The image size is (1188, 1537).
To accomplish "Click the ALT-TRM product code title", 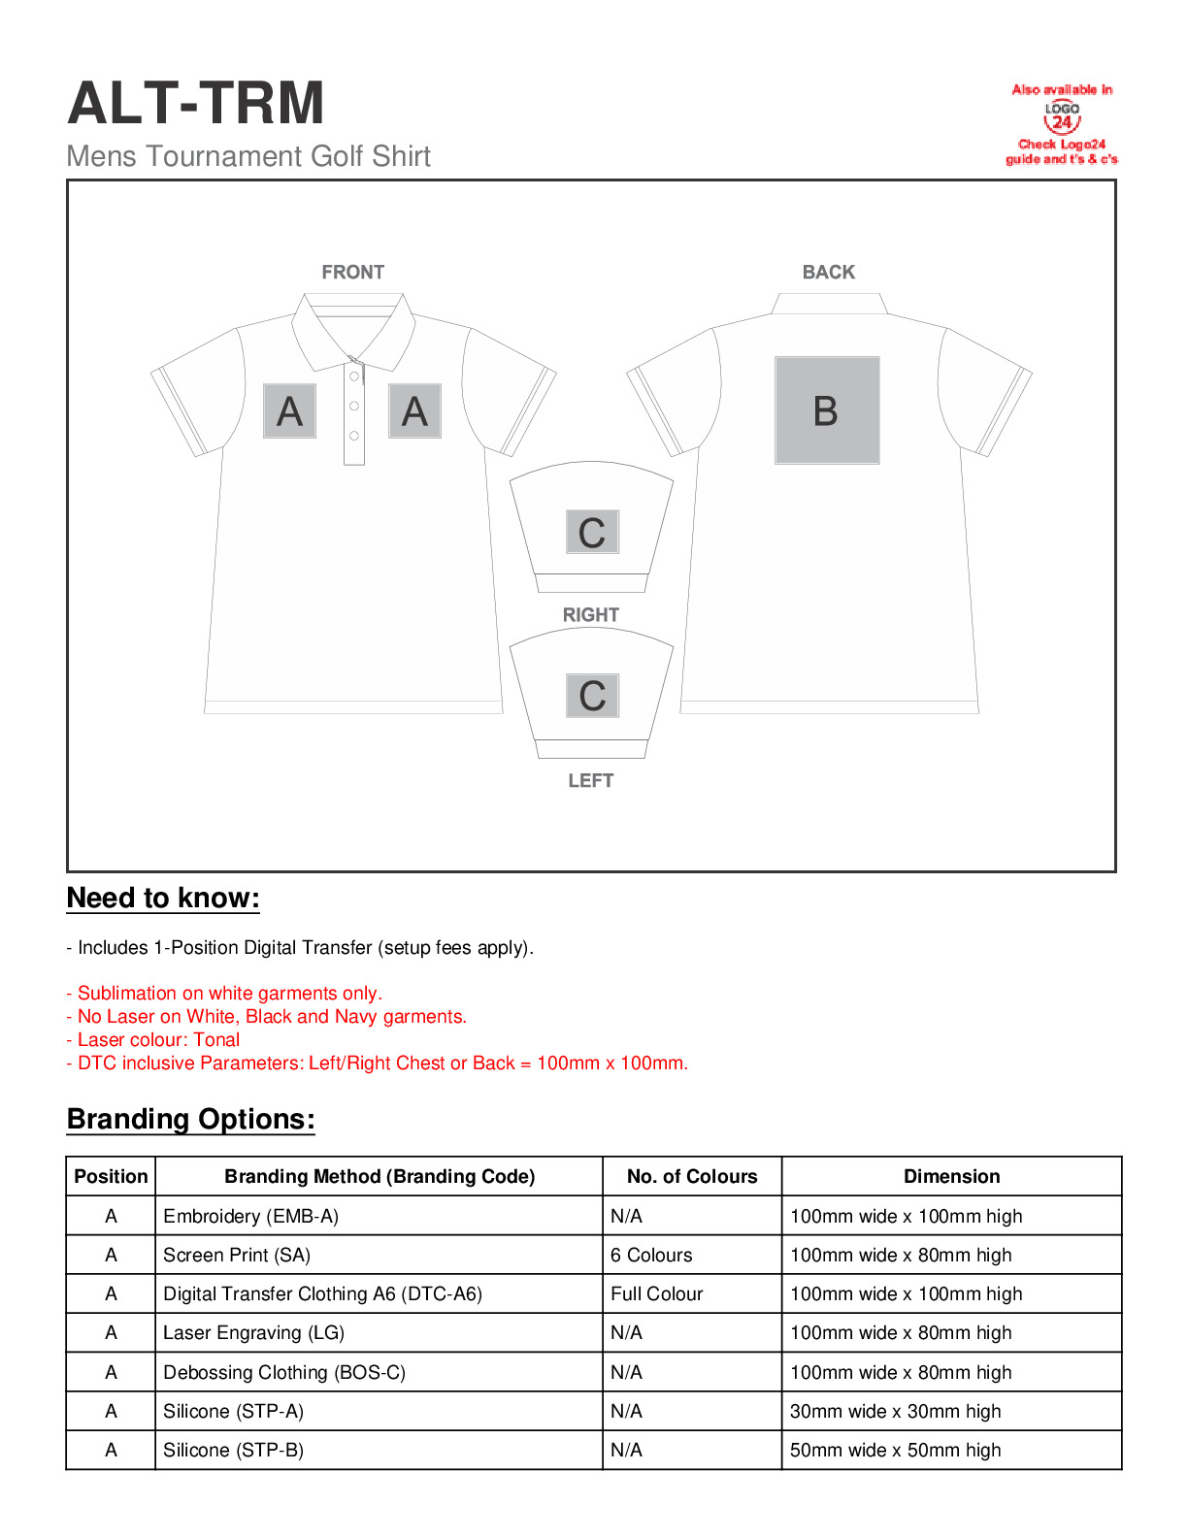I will point(196,104).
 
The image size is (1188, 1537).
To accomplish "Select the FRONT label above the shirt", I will point(352,273).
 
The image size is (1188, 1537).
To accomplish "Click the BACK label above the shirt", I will point(828,273).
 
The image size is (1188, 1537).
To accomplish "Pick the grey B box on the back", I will point(827,410).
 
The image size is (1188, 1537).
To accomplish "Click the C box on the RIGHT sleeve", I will point(592,533).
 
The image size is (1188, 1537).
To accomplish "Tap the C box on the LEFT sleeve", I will point(592,696).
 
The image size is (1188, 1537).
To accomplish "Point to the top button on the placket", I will point(354,376).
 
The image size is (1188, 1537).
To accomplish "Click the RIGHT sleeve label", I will point(590,615).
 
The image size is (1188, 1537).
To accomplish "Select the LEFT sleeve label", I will point(590,781).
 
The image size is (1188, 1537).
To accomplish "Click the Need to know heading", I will point(163,899).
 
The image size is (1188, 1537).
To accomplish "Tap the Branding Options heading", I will point(191,1120).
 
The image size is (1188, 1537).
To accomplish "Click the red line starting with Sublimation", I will point(224,994).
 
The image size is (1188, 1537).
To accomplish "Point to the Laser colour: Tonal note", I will point(152,1040).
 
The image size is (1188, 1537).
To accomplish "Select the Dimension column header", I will point(951,1177).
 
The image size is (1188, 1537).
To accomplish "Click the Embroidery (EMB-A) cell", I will point(251,1217).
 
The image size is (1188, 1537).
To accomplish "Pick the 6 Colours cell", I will point(651,1256).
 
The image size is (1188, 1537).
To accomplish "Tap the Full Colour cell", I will point(656,1294).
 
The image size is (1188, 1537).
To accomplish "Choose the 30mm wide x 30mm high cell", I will point(895,1412).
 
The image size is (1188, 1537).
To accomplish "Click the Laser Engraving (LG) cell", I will point(253,1333).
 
